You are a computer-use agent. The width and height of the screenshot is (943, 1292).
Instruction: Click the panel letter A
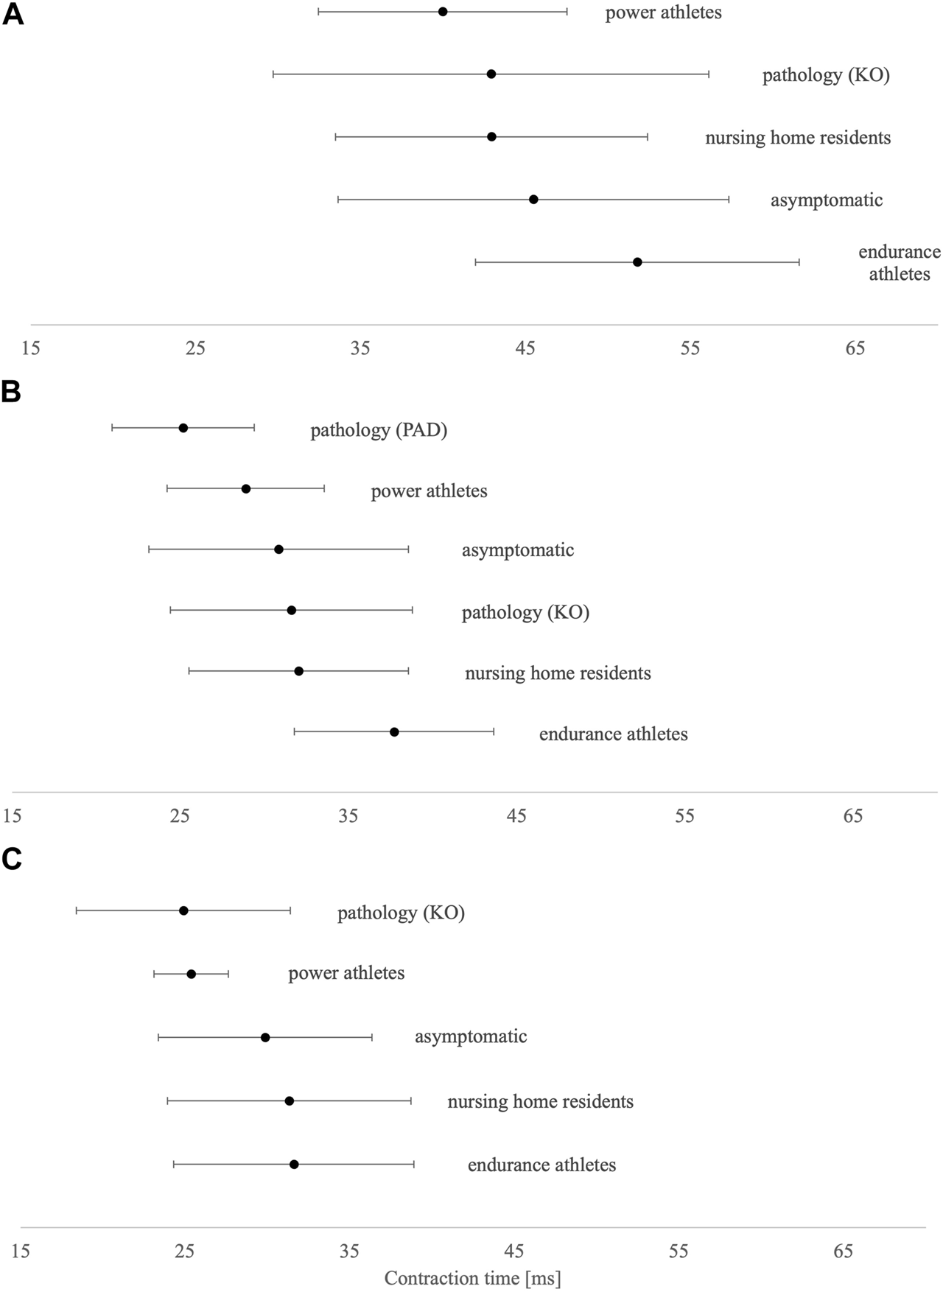pyautogui.click(x=13, y=15)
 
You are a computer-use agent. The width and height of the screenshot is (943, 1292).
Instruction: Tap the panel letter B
pyautogui.click(x=11, y=392)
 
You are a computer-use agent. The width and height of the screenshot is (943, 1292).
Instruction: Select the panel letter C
pyautogui.click(x=12, y=860)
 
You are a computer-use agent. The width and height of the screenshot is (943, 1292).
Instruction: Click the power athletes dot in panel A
pyautogui.click(x=443, y=12)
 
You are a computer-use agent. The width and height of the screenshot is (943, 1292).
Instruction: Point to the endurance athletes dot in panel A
pyautogui.click(x=637, y=262)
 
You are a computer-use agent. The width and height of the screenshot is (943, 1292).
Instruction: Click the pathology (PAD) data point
pyautogui.click(x=183, y=428)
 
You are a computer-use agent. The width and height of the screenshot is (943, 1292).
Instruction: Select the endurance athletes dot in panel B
pyautogui.click(x=394, y=731)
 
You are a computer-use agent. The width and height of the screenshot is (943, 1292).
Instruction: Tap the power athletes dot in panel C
pyautogui.click(x=192, y=974)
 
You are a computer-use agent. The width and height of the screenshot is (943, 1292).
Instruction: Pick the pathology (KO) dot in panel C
pyautogui.click(x=183, y=910)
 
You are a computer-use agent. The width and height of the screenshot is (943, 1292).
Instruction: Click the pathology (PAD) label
pyautogui.click(x=379, y=430)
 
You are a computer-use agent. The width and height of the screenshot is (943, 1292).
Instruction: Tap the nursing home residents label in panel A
pyautogui.click(x=798, y=138)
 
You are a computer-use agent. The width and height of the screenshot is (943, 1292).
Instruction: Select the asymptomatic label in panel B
pyautogui.click(x=518, y=550)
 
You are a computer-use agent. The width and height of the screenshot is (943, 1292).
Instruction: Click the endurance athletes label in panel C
pyautogui.click(x=541, y=1165)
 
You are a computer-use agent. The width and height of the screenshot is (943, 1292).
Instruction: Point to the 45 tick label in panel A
pyautogui.click(x=525, y=348)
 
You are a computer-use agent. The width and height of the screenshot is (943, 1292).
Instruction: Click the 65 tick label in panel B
pyautogui.click(x=852, y=815)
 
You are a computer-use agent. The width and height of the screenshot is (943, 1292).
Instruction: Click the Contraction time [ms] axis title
pyautogui.click(x=472, y=1278)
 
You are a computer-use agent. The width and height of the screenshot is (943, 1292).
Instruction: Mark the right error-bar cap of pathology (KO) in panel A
pyautogui.click(x=709, y=74)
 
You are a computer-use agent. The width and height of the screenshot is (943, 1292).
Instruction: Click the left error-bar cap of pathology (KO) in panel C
pyautogui.click(x=76, y=910)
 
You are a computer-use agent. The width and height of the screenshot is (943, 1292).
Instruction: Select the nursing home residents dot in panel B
pyautogui.click(x=298, y=671)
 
